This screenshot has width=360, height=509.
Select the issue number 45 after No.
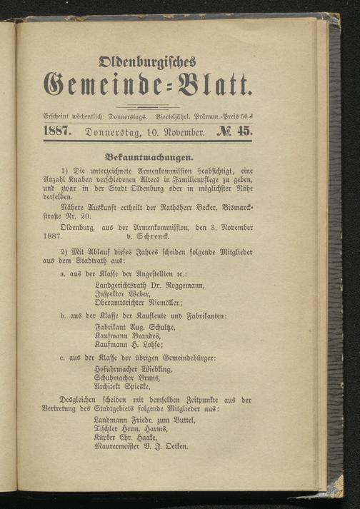(x=236, y=131)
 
